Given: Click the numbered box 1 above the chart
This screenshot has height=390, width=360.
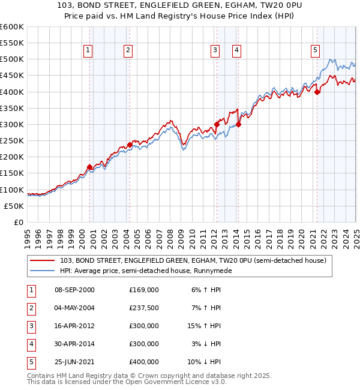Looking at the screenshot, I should [88, 51].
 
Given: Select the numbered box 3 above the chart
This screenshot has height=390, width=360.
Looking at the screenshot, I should [215, 51].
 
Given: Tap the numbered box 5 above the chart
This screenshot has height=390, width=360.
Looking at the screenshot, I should [315, 51].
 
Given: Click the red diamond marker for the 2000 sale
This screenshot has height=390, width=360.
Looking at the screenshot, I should [89, 167].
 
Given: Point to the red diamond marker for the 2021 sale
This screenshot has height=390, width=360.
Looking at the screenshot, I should [317, 92].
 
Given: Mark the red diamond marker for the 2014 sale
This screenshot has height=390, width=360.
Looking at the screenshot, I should [238, 124].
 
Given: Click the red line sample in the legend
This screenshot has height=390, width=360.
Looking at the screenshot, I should [42, 261].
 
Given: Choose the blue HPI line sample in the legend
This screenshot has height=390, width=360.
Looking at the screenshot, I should [42, 271].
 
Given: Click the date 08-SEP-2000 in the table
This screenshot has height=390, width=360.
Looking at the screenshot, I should [74, 289].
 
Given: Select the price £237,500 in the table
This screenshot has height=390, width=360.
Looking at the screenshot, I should [144, 307].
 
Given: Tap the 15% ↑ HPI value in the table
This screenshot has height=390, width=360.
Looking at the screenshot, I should [206, 325].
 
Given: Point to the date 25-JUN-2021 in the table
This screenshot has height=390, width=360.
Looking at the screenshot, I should [74, 362].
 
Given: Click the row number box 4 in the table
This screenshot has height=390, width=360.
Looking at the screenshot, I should [31, 344].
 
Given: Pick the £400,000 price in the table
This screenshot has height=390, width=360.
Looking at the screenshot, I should [144, 362].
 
